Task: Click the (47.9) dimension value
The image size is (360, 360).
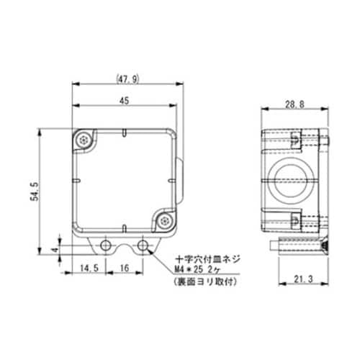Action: [127, 79]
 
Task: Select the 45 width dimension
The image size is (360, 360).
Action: [125, 101]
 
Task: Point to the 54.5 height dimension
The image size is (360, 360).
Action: [35, 191]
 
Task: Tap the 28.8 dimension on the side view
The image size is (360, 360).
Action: [294, 104]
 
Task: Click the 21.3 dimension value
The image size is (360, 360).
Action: [303, 279]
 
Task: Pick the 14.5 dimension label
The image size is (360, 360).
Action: [89, 268]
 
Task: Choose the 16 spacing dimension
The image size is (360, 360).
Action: [125, 268]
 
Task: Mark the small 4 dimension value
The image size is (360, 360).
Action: [55, 250]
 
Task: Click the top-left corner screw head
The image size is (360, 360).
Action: [84, 140]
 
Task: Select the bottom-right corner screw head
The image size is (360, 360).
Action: [165, 220]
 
